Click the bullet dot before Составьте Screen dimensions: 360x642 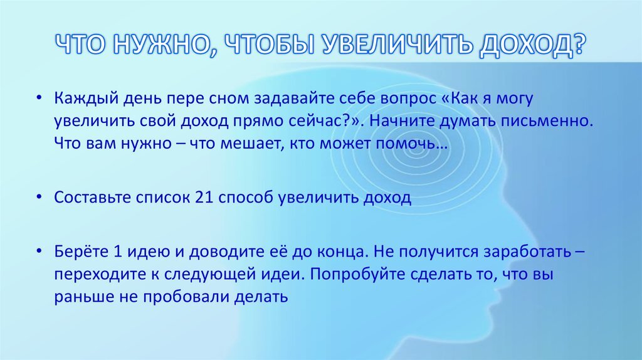click(39, 198)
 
